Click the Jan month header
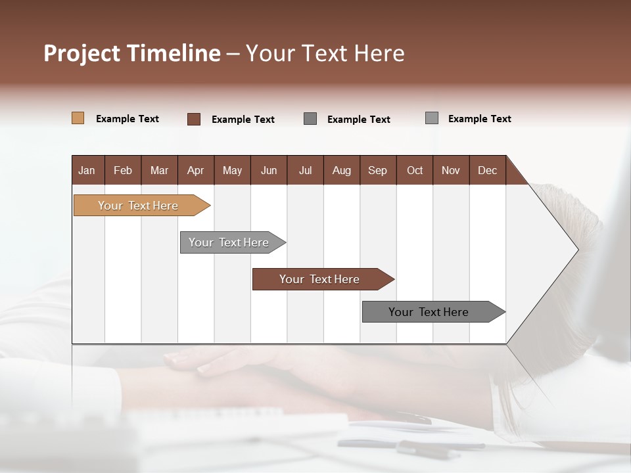click(87, 170)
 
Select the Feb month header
click(123, 170)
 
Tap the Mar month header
click(159, 170)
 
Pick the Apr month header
click(196, 170)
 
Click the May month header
click(232, 170)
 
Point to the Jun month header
click(269, 170)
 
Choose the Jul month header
click(305, 170)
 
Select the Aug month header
click(342, 170)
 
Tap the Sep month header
click(378, 170)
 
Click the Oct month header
click(415, 170)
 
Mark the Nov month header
click(451, 170)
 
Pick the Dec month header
click(488, 170)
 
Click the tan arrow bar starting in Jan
click(139, 206)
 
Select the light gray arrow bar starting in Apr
click(229, 242)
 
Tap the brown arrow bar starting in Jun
click(320, 279)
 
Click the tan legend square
click(78, 118)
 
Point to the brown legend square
click(193, 119)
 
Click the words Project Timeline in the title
click(132, 53)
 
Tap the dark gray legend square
click(310, 119)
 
